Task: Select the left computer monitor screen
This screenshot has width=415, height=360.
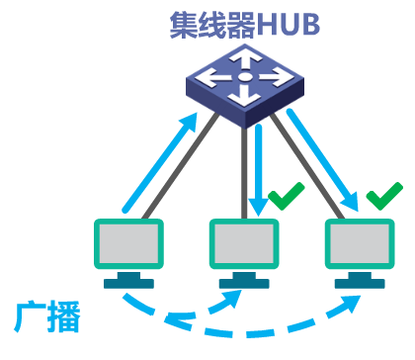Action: (125, 242)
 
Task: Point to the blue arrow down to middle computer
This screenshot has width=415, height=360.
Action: (258, 168)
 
